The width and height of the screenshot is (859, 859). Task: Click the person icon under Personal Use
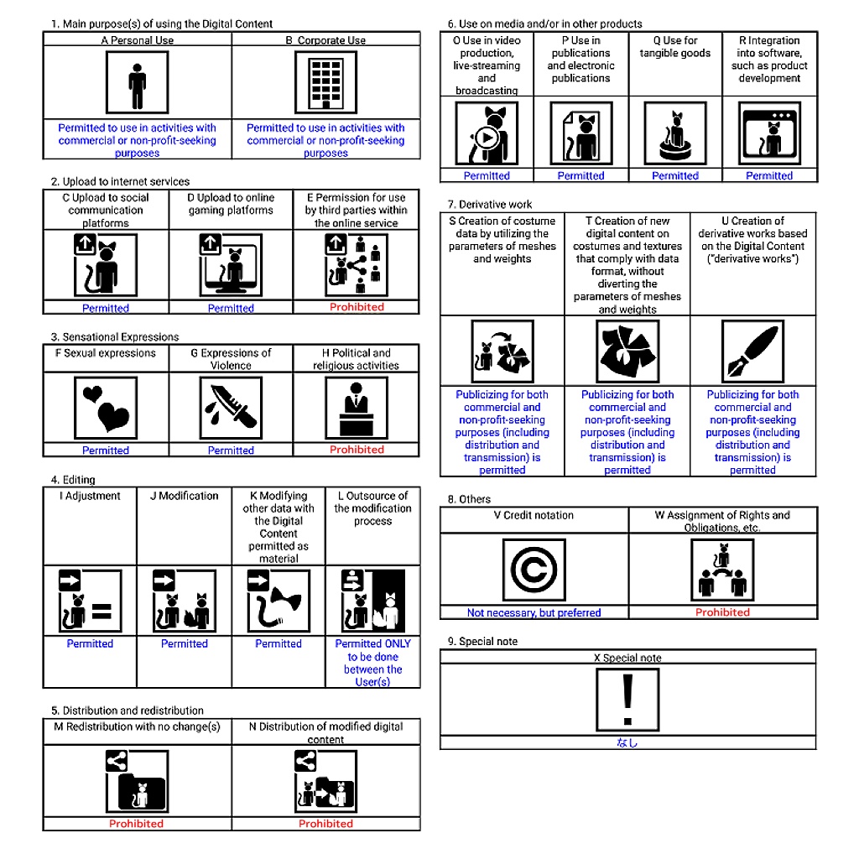coord(137,82)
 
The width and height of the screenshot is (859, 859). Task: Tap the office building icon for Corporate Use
coord(326,82)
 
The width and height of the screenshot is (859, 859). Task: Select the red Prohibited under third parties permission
coord(357,307)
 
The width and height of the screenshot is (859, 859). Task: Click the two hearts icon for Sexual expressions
coord(106,408)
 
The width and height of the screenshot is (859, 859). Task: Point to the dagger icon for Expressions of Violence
coord(231,408)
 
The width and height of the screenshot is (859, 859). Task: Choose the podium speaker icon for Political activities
coord(356,408)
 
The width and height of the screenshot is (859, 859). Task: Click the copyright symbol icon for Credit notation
coord(534,570)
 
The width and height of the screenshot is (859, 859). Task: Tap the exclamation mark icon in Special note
coord(627,700)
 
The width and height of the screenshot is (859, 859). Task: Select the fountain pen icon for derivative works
coord(752,351)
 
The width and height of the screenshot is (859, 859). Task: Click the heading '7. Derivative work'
coord(490,205)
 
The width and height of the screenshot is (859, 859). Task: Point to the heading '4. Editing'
coord(73,480)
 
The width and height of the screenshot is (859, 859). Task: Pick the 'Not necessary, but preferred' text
coord(534,613)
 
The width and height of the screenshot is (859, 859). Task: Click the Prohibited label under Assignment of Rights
coord(722,612)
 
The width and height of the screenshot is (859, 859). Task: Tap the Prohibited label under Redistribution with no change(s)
coord(137,824)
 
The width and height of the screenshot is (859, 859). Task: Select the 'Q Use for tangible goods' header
coord(675,47)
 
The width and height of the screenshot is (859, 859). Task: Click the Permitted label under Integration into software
coord(769,176)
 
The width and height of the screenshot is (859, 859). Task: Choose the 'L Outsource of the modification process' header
coord(372,508)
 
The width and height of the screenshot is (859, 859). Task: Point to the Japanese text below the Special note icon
coord(627,743)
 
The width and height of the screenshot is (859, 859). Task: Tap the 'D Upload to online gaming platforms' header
coord(231,204)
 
